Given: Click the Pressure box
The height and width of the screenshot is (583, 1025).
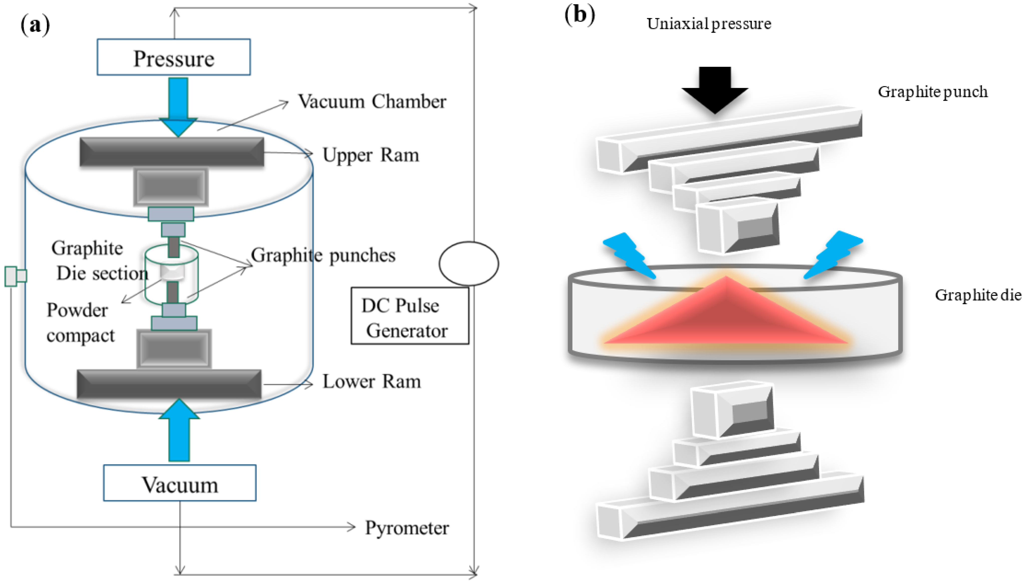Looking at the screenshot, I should point(173,57).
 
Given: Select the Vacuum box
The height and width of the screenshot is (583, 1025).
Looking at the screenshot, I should point(179,483).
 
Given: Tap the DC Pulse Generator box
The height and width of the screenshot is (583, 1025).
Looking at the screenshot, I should point(409,316).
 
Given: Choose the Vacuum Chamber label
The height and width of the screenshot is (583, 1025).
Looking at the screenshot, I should point(372,101).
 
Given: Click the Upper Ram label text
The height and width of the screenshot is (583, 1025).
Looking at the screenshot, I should point(371,155).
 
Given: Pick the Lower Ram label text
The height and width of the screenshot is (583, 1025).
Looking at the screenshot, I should point(371,382).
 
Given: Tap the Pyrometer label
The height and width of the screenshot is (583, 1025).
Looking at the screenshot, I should point(406,528).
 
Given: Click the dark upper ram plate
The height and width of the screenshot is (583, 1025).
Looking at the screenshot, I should point(171,152).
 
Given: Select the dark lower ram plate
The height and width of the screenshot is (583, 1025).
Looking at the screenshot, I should point(169,384).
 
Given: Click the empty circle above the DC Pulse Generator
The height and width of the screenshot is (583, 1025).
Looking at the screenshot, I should point(468,263).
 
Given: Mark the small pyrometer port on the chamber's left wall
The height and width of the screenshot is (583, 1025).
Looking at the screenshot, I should point(15,276).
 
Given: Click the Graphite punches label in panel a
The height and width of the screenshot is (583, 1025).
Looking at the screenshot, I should point(323,255).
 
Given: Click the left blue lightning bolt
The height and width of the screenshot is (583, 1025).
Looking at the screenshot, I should point(629,255).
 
